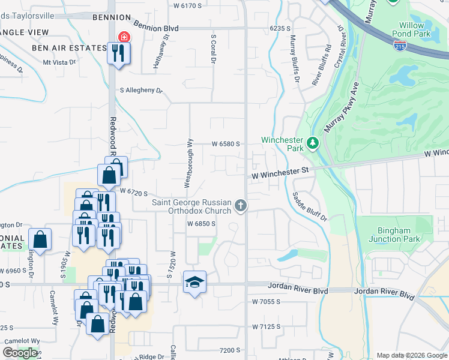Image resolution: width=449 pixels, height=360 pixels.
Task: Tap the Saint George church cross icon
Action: click(x=241, y=206)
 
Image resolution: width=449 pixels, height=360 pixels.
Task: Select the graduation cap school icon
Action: click(x=194, y=283)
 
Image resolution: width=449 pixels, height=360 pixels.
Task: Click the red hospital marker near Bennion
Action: click(x=124, y=37)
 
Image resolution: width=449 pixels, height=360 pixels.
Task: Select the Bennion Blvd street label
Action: click(x=156, y=28)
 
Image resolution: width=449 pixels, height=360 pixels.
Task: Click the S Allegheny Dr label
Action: click(x=142, y=91)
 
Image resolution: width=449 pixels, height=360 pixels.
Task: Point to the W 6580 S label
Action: click(x=226, y=144)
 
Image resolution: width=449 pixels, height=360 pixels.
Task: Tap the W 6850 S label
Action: click(x=201, y=224)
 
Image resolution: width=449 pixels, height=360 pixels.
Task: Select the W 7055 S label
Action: click(x=267, y=301)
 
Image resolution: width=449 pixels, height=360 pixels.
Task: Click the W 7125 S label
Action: click(x=267, y=326)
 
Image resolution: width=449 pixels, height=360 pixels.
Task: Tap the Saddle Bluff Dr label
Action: click(x=310, y=206)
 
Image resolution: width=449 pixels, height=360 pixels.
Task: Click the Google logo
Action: click(x=20, y=353)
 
